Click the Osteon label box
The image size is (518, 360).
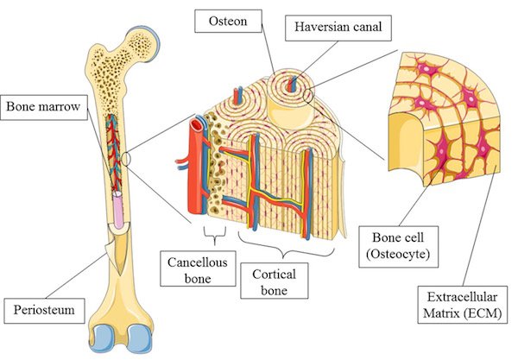(228, 21)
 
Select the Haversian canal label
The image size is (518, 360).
(338, 27)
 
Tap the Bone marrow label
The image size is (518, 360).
(44, 107)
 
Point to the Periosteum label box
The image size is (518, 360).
(44, 311)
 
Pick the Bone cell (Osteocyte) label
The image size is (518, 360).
(398, 246)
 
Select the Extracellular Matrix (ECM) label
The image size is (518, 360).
(462, 305)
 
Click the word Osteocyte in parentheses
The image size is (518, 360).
(398, 255)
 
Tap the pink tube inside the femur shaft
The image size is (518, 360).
(118, 210)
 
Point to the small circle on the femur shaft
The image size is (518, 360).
(126, 159)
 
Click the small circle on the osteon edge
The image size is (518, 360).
(308, 96)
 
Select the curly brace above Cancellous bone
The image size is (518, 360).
(215, 235)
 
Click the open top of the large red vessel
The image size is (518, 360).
(197, 124)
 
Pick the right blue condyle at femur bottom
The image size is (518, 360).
(140, 339)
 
